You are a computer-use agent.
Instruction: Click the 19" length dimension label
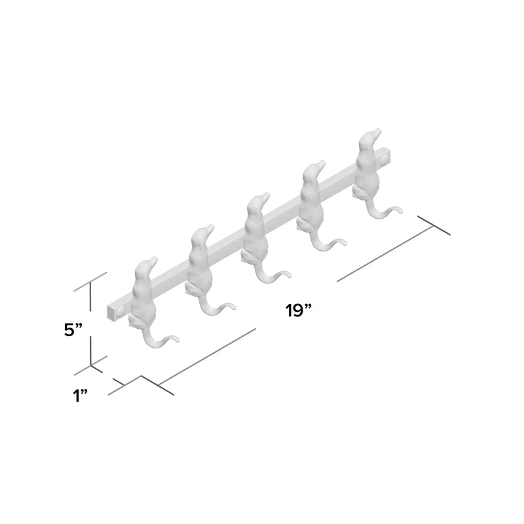pyautogui.click(x=299, y=310)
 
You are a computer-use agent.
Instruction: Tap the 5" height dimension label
pyautogui.click(x=73, y=330)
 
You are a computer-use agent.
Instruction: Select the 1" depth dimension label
pyautogui.click(x=80, y=396)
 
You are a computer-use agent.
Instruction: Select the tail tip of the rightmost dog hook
pyautogui.click(x=399, y=210)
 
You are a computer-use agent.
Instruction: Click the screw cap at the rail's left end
pyautogui.click(x=120, y=312)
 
